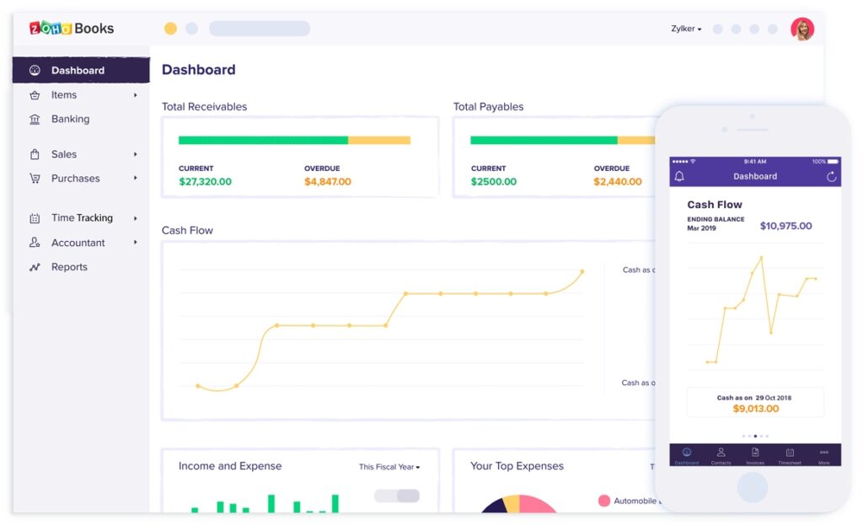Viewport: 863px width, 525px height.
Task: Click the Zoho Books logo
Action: [72, 28]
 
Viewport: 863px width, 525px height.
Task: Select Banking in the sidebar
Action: [70, 119]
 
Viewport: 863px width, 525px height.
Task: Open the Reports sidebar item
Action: [69, 267]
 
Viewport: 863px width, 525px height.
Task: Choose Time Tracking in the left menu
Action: [82, 218]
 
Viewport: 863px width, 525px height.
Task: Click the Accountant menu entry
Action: [78, 243]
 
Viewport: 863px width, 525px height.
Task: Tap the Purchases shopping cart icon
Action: [35, 179]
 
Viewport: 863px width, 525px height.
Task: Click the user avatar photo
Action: [801, 29]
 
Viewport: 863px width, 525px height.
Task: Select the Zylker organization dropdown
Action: [686, 29]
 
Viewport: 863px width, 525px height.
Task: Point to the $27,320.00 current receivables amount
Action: [205, 182]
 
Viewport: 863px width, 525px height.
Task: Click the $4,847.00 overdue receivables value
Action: [328, 182]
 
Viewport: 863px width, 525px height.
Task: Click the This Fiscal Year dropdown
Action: [389, 467]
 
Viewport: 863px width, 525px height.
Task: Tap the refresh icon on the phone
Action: [831, 176]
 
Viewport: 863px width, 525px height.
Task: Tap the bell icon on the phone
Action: [679, 176]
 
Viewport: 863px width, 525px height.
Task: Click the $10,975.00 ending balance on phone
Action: [785, 226]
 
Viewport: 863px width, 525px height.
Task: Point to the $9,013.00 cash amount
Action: [755, 409]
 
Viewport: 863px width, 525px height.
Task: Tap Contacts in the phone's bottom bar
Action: [721, 455]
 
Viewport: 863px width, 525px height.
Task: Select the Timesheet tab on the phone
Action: [790, 455]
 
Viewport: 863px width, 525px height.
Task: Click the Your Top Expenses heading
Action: [517, 466]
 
